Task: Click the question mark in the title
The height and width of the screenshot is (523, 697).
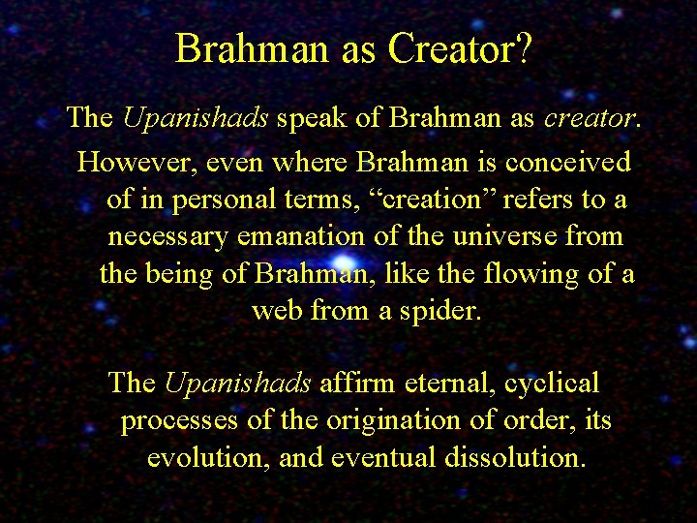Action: click(x=523, y=49)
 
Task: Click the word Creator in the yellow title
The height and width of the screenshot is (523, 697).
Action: click(x=450, y=49)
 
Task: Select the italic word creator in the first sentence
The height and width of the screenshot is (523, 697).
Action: click(x=590, y=118)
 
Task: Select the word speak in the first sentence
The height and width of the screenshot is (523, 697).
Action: click(x=310, y=118)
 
